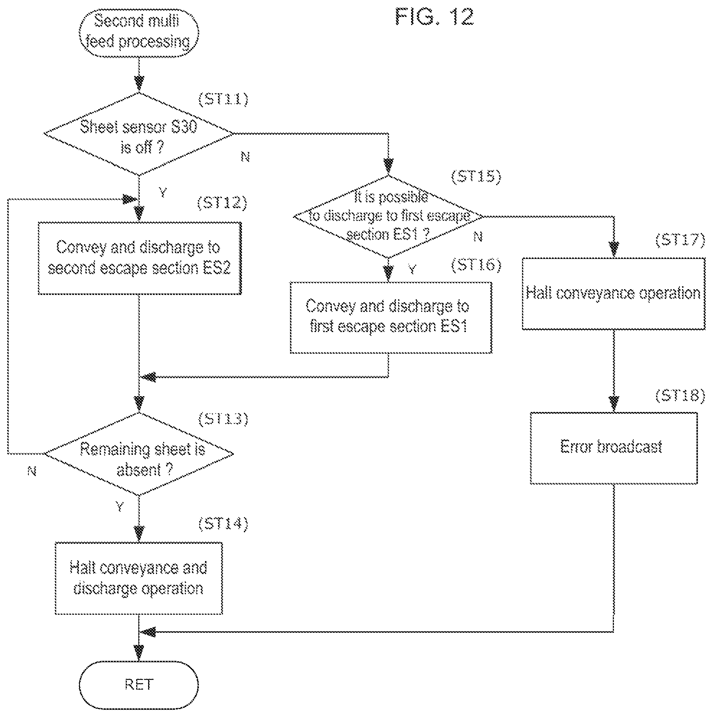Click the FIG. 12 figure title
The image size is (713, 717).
coord(435,17)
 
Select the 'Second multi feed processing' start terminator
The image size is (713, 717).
coord(138,33)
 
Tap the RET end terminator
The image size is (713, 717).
coord(138,685)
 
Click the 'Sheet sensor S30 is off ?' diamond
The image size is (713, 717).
coord(138,134)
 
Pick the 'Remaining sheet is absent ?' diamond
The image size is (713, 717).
coord(138,454)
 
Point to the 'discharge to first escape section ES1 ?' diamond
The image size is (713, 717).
coord(388,216)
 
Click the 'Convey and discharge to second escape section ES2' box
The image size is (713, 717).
coord(140,258)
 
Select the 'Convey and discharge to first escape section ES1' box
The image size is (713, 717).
coord(391,318)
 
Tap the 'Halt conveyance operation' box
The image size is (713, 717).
coord(614,294)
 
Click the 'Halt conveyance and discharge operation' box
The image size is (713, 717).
coord(139,578)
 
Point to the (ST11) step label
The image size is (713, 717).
coord(223,99)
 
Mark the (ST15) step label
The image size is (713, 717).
coord(476,176)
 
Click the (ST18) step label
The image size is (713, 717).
coord(680,396)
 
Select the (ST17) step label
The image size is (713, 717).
coord(680,240)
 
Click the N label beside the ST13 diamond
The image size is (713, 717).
coord(32,471)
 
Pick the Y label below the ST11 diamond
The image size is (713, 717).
coord(162,193)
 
